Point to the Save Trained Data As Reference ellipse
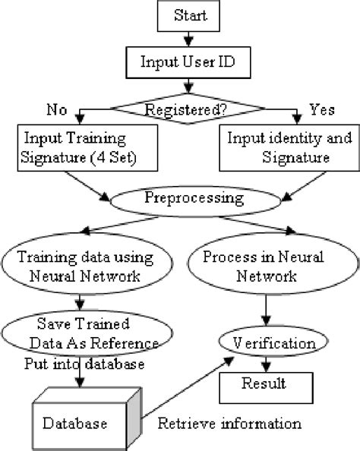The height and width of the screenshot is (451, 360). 80,330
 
